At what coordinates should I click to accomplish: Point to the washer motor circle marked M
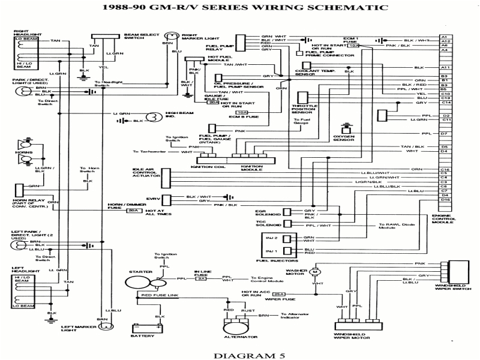(x=314, y=271)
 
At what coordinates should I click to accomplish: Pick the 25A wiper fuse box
(x=278, y=295)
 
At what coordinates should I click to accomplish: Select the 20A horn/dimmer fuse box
(x=135, y=211)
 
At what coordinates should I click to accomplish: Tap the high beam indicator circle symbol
(x=154, y=116)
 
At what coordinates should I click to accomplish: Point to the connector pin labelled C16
(x=445, y=170)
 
